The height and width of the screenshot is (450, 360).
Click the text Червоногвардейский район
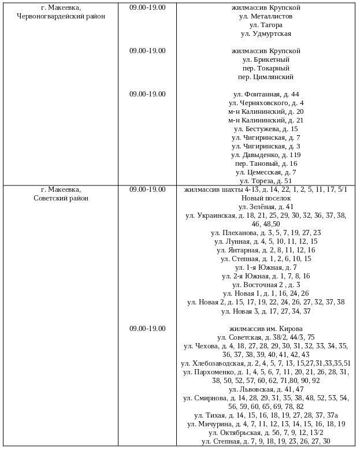coord(61,16)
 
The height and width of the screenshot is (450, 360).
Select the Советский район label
coord(61,198)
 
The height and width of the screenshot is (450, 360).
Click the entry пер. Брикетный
coord(266,59)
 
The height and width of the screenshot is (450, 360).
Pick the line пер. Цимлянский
coord(266,77)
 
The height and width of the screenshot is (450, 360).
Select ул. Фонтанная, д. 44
coord(266,94)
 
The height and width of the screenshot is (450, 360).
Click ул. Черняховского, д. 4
coord(266,103)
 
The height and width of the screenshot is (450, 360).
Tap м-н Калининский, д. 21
coord(266,120)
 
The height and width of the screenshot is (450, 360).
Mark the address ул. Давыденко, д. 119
coord(266,155)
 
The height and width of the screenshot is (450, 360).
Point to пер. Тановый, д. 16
coord(266,163)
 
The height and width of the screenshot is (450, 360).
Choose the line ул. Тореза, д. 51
coord(266,181)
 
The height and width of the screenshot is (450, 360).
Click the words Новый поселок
coord(266,198)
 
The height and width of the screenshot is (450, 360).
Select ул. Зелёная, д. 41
coord(266,207)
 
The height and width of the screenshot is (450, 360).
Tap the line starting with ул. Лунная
coord(266,241)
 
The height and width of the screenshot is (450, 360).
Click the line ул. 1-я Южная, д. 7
coord(266,267)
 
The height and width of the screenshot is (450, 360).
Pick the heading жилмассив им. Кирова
coord(266,329)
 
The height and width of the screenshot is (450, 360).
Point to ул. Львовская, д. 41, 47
coord(266,389)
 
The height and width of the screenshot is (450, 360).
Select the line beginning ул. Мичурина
coord(266,424)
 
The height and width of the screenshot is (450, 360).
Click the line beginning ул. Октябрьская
coord(266,433)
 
